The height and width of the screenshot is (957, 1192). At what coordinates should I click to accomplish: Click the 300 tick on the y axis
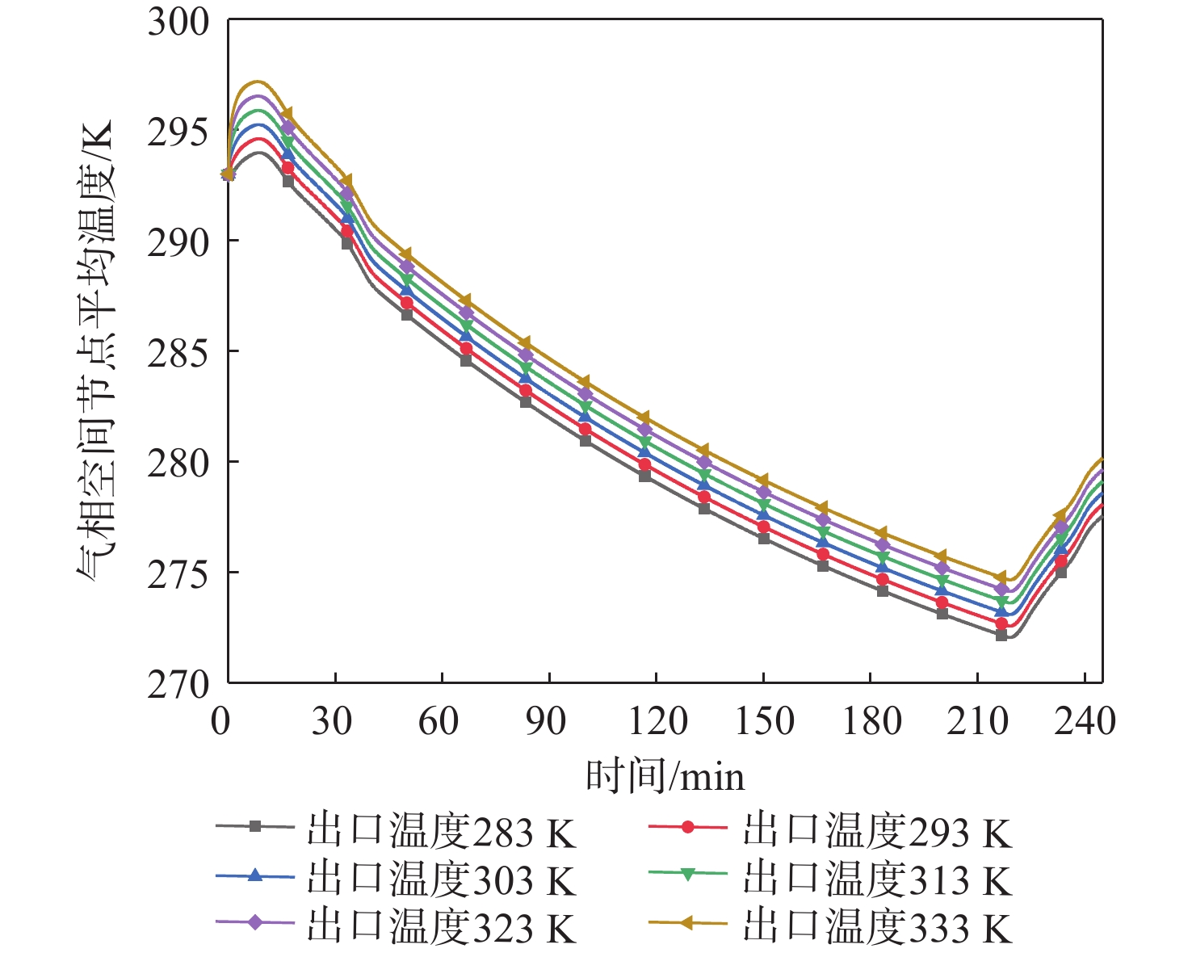coord(178,22)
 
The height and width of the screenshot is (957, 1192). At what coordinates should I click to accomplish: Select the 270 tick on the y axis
coord(178,684)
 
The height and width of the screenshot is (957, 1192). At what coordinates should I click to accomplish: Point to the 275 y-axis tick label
coord(178,573)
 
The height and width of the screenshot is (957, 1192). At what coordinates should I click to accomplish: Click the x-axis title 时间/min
coord(665,776)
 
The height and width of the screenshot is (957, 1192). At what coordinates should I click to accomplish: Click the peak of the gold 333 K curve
coord(258,82)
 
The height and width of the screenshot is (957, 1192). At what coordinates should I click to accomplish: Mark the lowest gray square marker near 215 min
coord(1001,635)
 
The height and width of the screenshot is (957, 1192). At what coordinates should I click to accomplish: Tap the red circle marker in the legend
coord(688,827)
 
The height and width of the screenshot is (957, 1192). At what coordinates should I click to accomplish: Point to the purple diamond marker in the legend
coord(254,922)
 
